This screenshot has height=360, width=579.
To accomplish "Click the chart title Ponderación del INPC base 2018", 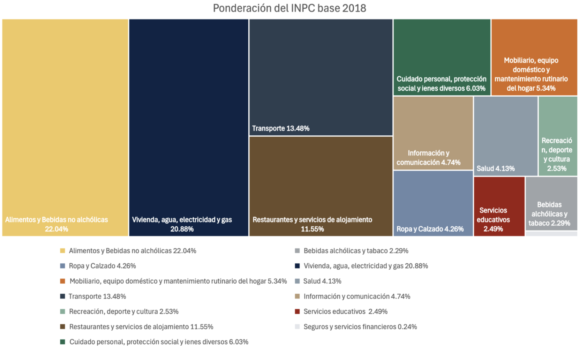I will (x=289, y=8).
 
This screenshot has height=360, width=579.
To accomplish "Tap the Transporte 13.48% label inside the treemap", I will (x=281, y=128).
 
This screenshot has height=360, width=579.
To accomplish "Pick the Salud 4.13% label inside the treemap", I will (x=496, y=168).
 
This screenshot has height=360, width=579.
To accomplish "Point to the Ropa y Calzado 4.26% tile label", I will (x=430, y=229).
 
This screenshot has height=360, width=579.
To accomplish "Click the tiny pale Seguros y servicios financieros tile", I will (x=551, y=234).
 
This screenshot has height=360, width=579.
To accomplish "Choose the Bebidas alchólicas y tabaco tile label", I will (x=549, y=214).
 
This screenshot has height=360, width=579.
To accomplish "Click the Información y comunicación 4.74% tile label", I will (x=428, y=158).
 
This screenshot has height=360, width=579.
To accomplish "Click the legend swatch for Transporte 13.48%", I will (x=62, y=296).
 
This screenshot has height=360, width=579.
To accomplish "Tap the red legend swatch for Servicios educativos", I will (x=297, y=312).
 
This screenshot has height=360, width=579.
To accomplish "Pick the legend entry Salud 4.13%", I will (x=322, y=281).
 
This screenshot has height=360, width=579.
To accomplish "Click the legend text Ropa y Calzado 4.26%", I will (x=102, y=266).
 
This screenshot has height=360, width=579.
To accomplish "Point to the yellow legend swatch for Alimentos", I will (x=62, y=250).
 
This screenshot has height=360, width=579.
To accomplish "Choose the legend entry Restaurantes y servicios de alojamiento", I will (x=141, y=327).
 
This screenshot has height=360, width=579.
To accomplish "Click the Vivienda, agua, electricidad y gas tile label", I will (x=182, y=224).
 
